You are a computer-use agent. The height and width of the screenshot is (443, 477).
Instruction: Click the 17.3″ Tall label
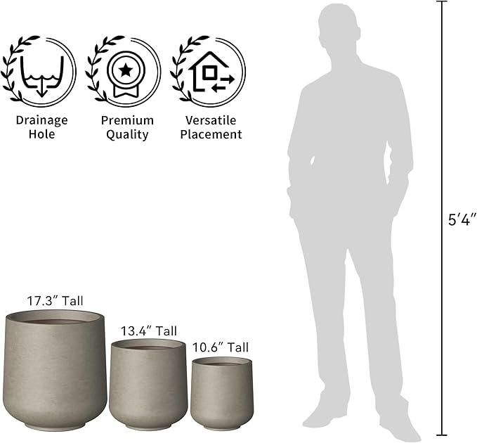[55, 301]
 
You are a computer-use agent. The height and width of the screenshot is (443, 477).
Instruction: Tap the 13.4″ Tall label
[149, 331]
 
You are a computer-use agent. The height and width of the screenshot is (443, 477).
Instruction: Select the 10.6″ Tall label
[221, 347]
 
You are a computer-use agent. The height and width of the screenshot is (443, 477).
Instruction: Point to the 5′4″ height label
[462, 220]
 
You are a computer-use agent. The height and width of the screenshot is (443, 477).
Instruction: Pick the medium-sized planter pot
[148, 385]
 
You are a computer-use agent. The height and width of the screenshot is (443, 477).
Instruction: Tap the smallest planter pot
[222, 394]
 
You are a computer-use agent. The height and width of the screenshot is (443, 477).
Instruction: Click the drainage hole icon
[41, 76]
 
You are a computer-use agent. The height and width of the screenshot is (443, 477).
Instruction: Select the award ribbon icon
[126, 75]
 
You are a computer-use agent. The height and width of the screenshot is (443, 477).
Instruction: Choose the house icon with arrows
[211, 72]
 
